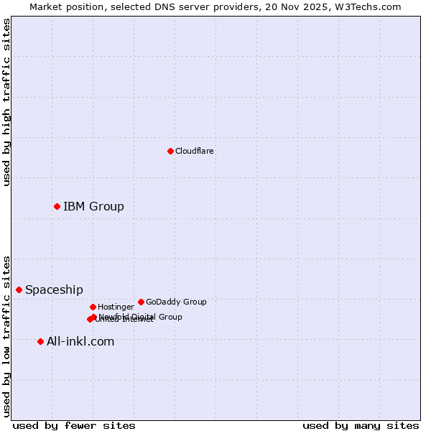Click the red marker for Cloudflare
170,151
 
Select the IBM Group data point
57,206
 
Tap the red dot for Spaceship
19,289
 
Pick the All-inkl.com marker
40,341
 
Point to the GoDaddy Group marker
141,302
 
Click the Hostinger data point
93,307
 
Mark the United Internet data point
90,319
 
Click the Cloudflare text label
195,151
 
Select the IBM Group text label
93,207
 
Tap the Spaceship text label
54,290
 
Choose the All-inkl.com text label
80,342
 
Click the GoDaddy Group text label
176,302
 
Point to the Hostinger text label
116,307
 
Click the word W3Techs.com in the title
370,6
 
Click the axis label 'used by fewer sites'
74,426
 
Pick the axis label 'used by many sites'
361,426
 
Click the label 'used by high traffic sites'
7,102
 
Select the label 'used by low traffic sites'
7,336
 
